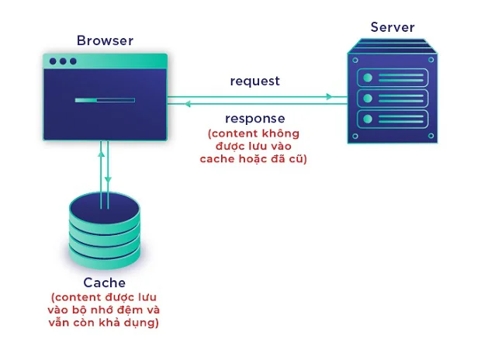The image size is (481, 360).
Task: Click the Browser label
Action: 105,40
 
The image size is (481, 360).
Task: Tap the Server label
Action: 392,27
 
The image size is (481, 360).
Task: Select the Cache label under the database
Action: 104,282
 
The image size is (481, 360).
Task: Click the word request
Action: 254,81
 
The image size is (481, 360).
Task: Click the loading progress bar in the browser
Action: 105,99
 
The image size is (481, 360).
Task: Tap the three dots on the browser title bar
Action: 63,61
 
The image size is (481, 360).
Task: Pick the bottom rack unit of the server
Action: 392,119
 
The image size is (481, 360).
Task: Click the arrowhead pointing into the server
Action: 330,97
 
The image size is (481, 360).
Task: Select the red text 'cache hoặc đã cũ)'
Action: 256,159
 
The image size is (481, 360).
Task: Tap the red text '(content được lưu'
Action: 104,297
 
